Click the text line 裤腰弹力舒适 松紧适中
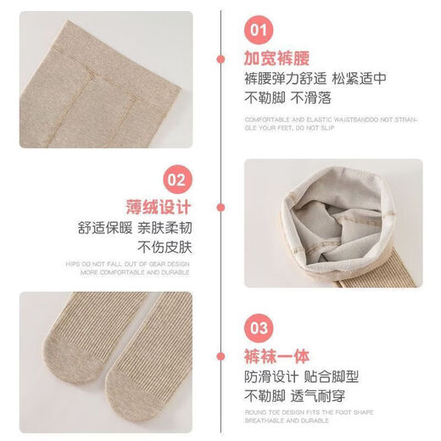(315, 81)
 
